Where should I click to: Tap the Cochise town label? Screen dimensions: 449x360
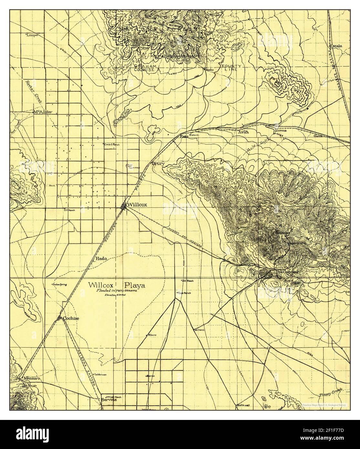pos(71,318)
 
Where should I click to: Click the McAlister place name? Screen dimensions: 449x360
pos(43,112)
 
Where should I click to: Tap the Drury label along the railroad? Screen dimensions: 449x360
pos(159,164)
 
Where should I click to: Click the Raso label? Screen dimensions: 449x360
pos(184,136)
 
